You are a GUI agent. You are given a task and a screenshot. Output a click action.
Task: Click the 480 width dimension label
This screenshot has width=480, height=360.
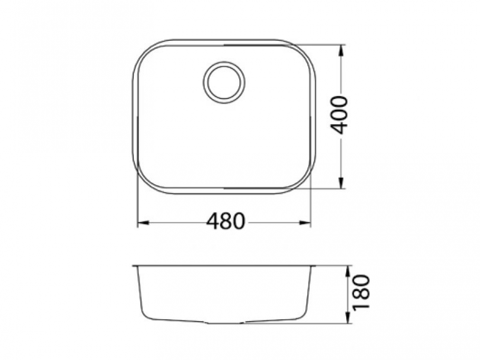pyautogui.click(x=225, y=221)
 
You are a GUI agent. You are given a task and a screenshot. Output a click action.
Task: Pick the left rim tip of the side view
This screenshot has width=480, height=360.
pyautogui.click(x=133, y=265)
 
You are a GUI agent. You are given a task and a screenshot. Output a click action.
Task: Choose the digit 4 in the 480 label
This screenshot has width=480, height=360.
pyautogui.click(x=212, y=221)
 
